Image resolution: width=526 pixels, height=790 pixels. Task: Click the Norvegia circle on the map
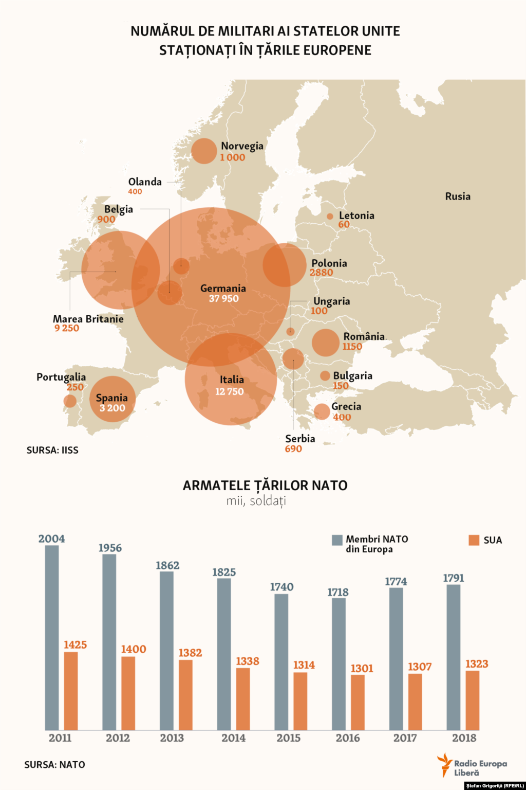(x=204, y=151)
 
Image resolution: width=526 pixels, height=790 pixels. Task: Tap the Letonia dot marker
(x=330, y=217)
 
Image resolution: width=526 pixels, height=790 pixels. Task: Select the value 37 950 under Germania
(x=223, y=299)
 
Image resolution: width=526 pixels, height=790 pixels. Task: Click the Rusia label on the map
(x=457, y=196)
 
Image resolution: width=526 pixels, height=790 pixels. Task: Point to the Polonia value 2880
(x=321, y=273)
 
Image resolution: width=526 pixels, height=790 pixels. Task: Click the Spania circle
(x=112, y=399)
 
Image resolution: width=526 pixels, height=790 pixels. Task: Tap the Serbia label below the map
(x=300, y=439)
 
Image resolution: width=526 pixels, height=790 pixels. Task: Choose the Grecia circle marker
(x=322, y=411)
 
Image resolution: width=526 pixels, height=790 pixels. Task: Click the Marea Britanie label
(x=88, y=319)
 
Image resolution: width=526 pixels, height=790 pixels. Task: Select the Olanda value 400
(x=135, y=192)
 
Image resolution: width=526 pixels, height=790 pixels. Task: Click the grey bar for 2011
(x=52, y=638)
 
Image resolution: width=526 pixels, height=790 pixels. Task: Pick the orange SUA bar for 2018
(x=472, y=701)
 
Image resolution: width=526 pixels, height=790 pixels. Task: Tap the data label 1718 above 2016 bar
(x=338, y=592)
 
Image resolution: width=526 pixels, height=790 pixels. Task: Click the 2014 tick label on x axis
(x=233, y=738)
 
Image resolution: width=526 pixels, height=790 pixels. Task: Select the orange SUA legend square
(x=474, y=540)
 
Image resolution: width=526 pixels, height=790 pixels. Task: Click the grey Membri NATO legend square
(x=337, y=540)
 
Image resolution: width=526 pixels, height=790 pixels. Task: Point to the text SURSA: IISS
(x=52, y=450)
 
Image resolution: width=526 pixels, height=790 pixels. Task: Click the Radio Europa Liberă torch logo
(x=444, y=764)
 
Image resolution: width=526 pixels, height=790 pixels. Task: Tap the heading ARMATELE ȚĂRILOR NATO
(x=265, y=486)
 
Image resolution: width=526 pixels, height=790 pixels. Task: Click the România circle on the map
(x=325, y=343)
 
